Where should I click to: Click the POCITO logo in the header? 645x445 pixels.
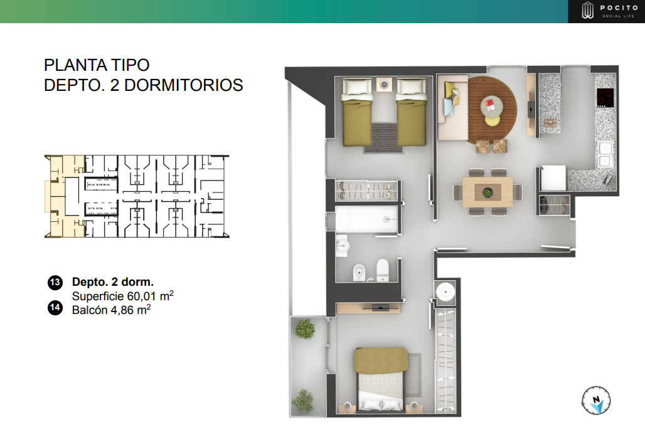(x=606, y=11)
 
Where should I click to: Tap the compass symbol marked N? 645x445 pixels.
(x=596, y=399)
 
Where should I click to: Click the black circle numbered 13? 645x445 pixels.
(x=55, y=282)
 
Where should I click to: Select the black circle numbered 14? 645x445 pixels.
(x=55, y=308)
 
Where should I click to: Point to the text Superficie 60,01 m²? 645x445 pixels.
(x=122, y=295)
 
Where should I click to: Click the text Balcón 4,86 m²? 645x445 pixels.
(x=111, y=309)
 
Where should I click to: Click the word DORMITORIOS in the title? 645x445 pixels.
(x=184, y=85)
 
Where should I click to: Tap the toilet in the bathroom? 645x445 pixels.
(x=382, y=271)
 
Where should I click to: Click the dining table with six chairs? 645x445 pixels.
(x=488, y=192)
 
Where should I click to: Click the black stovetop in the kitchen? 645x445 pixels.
(x=605, y=98)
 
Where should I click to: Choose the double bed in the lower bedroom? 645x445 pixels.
(x=381, y=379)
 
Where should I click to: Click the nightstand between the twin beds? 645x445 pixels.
(x=384, y=83)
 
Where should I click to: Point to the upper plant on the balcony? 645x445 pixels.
(x=306, y=328)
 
